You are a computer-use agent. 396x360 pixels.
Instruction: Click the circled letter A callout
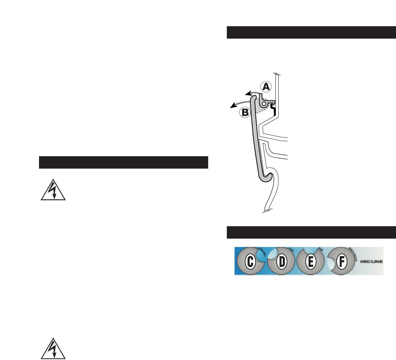pos(266,86)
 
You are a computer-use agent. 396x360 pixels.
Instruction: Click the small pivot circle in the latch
pos(264,103)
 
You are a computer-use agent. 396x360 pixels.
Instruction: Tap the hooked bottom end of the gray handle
pos(267,178)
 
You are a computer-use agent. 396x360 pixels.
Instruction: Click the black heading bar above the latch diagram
pos(311,32)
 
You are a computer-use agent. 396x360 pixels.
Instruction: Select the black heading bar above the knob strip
pos(311,232)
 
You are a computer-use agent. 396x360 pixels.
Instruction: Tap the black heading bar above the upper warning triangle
pos(123,162)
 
